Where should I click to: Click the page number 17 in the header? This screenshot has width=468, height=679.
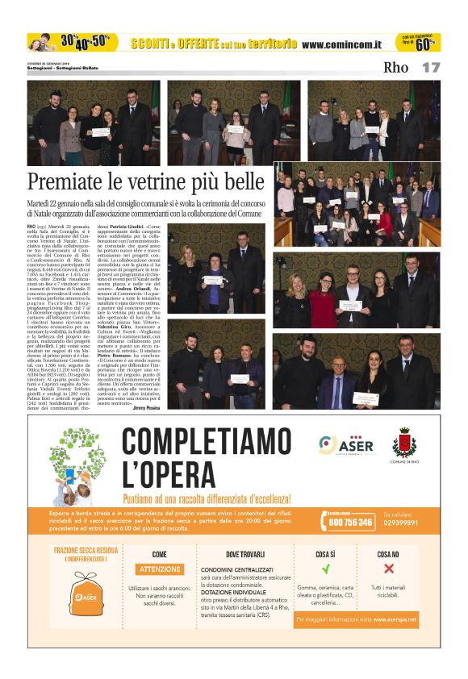pyautogui.click(x=431, y=67)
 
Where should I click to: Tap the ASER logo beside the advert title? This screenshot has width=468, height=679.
pyautogui.click(x=338, y=444)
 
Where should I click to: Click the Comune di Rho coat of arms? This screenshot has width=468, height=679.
pyautogui.click(x=403, y=444)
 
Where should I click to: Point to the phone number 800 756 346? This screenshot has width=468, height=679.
pyautogui.click(x=350, y=523)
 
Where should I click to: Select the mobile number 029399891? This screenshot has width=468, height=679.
pyautogui.click(x=400, y=523)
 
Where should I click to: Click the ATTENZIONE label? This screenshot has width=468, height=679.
pyautogui.click(x=160, y=569)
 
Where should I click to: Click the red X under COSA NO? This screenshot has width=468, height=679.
pyautogui.click(x=388, y=569)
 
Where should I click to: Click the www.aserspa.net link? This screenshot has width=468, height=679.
pyautogui.click(x=394, y=619)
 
